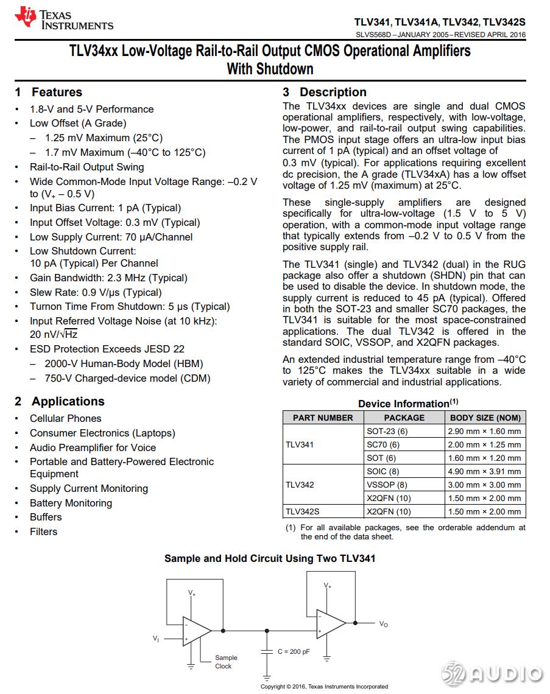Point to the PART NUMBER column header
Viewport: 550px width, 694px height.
tap(323, 418)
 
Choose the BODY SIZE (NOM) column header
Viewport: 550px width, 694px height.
tap(485, 418)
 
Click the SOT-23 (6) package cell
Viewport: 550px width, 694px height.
tap(387, 431)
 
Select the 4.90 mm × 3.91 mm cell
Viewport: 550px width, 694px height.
tap(485, 471)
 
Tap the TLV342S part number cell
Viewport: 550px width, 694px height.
tap(303, 512)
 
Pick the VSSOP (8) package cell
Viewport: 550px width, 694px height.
tap(387, 485)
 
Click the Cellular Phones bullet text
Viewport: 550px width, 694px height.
tap(66, 419)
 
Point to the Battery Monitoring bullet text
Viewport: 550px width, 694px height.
tap(71, 503)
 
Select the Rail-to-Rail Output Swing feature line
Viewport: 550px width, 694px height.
tap(86, 167)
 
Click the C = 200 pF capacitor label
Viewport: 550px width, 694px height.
tap(294, 651)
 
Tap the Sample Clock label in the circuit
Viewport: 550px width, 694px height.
tap(225, 662)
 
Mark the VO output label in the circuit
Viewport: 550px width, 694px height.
tap(383, 624)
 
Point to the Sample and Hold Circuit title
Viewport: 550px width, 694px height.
tap(270, 558)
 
